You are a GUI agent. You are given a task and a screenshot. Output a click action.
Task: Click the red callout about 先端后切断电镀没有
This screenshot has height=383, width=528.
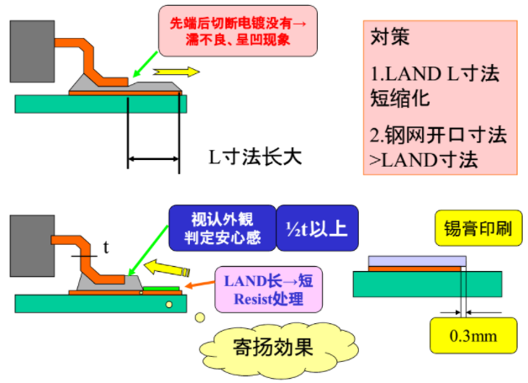pyautogui.click(x=238, y=30)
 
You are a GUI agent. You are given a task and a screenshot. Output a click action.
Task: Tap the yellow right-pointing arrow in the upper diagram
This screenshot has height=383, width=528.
pyautogui.click(x=176, y=72)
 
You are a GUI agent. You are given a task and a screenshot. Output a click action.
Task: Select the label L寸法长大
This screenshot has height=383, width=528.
pyautogui.click(x=256, y=157)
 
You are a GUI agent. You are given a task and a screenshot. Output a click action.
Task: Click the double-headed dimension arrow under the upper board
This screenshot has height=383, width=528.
pyautogui.click(x=153, y=158)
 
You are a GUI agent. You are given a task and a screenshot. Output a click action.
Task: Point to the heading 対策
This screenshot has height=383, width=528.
pyautogui.click(x=390, y=36)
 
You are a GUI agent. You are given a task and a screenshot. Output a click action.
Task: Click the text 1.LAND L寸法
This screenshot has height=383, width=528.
pyautogui.click(x=435, y=74)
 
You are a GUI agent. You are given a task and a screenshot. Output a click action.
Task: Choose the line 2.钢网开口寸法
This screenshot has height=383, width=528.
pyautogui.click(x=438, y=136)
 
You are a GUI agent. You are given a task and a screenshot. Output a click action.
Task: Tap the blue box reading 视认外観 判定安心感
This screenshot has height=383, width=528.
pyautogui.click(x=222, y=228)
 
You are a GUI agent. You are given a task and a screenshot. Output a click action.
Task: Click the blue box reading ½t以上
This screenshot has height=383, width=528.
pyautogui.click(x=317, y=228)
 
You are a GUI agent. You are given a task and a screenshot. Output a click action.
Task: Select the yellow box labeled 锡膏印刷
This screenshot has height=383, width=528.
pyautogui.click(x=478, y=228)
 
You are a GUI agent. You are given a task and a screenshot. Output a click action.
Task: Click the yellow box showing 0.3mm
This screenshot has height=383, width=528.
pyautogui.click(x=473, y=336)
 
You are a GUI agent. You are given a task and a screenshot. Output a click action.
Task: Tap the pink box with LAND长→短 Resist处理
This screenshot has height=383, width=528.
pyautogui.click(x=269, y=290)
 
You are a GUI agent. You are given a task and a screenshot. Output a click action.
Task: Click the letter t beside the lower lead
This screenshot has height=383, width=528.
pyautogui.click(x=106, y=247)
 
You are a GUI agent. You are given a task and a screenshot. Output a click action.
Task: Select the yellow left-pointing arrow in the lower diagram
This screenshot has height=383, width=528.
pyautogui.click(x=167, y=268)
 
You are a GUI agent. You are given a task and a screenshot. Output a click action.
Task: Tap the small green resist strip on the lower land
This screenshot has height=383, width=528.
pyautogui.click(x=161, y=289)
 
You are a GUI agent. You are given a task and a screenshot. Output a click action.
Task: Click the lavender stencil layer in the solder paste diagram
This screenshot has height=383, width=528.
pyautogui.click(x=417, y=261)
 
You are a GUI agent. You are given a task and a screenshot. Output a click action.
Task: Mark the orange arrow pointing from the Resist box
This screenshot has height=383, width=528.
pyautogui.click(x=200, y=285)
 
